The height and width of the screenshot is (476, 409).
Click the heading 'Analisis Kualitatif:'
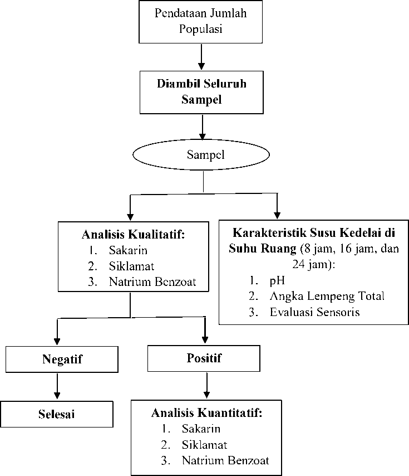click(x=134, y=235)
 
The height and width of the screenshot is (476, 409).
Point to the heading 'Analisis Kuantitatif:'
click(x=206, y=413)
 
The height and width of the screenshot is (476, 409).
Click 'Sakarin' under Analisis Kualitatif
click(x=128, y=250)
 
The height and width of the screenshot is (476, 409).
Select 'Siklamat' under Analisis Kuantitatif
click(x=205, y=445)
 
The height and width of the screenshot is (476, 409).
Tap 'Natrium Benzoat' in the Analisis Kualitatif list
click(x=152, y=282)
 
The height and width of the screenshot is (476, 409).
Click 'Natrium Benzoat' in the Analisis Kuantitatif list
click(x=225, y=461)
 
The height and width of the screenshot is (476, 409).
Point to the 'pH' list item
click(x=277, y=281)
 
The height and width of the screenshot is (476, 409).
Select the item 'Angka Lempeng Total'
click(x=327, y=297)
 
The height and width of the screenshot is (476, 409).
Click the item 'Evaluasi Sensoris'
click(x=315, y=312)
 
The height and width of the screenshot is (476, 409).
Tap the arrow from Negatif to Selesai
click(x=57, y=386)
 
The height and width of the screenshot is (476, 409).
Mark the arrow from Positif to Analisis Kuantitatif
click(x=206, y=385)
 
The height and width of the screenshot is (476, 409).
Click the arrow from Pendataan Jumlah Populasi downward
click(x=201, y=57)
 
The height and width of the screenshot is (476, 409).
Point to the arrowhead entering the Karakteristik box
click(x=277, y=216)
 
